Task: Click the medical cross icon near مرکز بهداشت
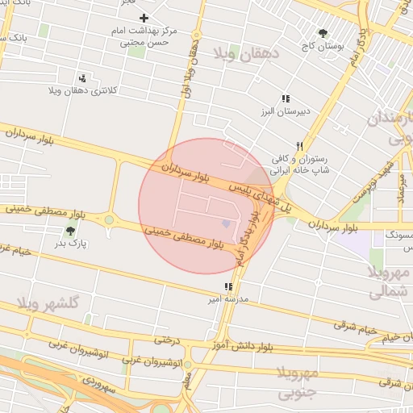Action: (144, 18)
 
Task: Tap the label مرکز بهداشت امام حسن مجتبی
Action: (146, 35)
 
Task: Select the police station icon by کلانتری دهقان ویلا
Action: (83, 78)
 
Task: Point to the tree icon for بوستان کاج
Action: (323, 34)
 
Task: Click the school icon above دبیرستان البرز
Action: (285, 98)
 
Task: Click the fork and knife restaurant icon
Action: (298, 146)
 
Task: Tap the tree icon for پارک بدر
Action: (70, 231)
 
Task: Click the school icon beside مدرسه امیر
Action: (228, 286)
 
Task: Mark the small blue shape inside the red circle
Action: (226, 223)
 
